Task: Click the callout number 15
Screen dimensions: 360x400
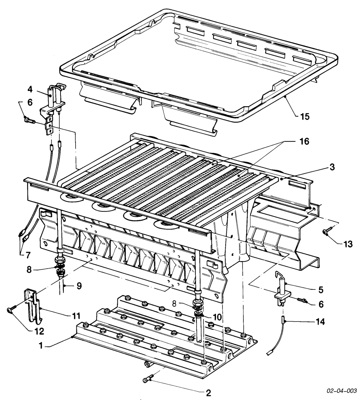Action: point(305,117)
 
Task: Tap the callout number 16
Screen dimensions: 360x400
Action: point(304,141)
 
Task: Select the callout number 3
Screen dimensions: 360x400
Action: point(332,167)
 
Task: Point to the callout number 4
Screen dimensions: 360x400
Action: point(30,89)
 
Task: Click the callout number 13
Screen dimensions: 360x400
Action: point(348,244)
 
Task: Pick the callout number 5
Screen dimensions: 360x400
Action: point(321,290)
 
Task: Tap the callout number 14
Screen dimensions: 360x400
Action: point(320,322)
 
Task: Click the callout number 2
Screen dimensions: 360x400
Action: point(208,393)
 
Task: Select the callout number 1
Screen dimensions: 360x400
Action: point(41,346)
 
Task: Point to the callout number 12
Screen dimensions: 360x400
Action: point(39,331)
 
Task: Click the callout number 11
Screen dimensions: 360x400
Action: point(76,316)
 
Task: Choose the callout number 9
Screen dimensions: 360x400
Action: point(79,286)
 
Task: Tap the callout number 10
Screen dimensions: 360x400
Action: point(217,317)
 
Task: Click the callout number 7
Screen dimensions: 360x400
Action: point(28,255)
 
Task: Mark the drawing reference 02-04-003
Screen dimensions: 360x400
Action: point(342,391)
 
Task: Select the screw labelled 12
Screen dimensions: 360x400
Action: point(12,308)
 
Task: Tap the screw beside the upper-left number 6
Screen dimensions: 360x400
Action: point(30,120)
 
